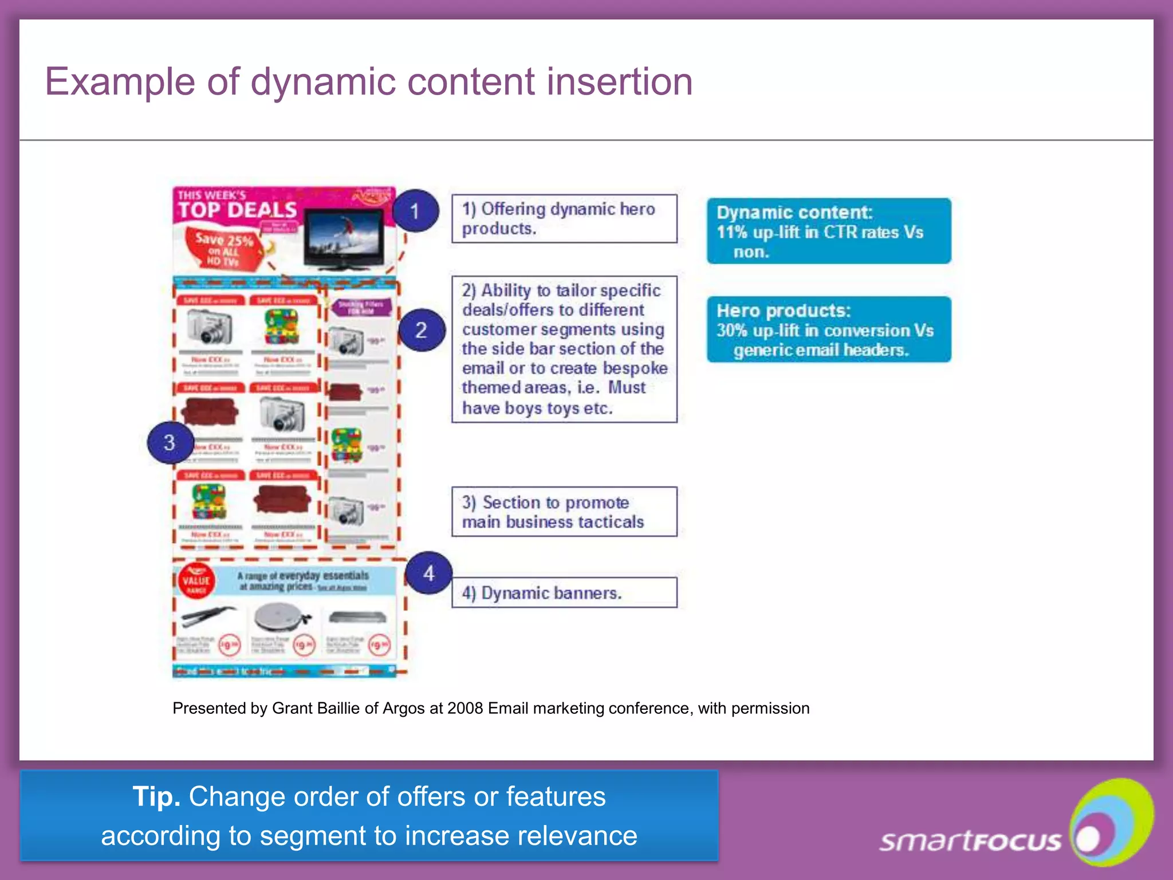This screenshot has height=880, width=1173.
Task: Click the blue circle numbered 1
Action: (x=415, y=211)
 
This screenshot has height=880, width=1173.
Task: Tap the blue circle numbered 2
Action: (x=422, y=330)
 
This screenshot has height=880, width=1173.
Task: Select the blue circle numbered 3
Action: (x=170, y=442)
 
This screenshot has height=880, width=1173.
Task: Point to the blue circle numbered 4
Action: (x=428, y=573)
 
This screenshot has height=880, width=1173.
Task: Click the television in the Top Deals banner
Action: (x=344, y=238)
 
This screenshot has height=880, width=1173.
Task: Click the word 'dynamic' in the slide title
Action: (x=323, y=81)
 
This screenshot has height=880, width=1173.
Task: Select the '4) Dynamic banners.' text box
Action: (x=564, y=592)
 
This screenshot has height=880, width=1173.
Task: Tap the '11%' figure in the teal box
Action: (x=732, y=232)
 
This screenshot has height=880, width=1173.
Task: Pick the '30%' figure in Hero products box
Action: (x=732, y=331)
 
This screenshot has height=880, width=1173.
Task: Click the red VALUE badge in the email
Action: (x=196, y=581)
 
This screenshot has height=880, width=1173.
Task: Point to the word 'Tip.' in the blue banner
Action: (x=156, y=796)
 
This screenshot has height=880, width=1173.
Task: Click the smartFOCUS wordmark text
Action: (x=970, y=841)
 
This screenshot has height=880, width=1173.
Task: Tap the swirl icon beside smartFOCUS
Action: (x=1111, y=822)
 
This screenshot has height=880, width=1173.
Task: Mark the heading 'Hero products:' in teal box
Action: (x=784, y=311)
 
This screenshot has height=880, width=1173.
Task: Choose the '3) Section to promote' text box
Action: (x=564, y=512)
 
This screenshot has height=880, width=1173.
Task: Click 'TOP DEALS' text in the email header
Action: (x=237, y=210)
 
